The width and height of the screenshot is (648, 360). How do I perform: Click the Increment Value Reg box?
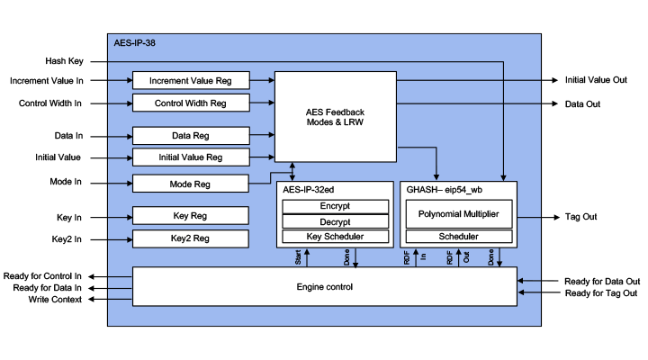pos(190,81)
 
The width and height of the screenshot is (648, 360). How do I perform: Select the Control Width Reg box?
pos(190,103)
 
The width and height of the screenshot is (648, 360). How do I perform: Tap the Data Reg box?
pos(190,136)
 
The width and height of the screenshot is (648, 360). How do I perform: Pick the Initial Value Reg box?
pos(190,157)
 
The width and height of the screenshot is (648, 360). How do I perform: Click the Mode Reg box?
pos(190,184)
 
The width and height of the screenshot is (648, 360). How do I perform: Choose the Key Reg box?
pos(190,216)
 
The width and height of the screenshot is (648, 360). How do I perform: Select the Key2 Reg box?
pos(190,238)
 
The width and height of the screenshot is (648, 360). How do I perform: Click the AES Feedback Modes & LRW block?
pos(335,116)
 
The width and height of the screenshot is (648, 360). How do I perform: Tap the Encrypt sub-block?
pos(335,206)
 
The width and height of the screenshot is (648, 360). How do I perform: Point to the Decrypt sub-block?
pos(335,221)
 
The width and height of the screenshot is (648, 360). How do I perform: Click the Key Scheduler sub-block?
pos(335,236)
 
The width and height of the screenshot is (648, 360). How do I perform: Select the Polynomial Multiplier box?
pos(458,214)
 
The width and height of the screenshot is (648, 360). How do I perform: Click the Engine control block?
pos(324,286)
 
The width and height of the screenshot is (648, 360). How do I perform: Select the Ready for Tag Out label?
pos(602,293)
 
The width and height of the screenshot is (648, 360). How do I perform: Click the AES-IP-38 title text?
pos(136,42)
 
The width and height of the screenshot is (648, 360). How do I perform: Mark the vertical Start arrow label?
pos(298,258)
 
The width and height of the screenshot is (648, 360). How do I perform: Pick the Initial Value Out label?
pos(596,80)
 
